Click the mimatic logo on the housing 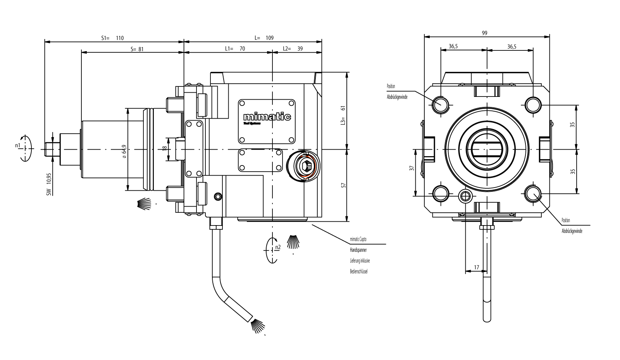pyautogui.click(x=267, y=117)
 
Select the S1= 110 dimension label pyautogui.click(x=112, y=38)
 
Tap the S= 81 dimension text pyautogui.click(x=137, y=49)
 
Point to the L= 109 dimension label pyautogui.click(x=264, y=38)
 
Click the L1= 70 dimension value pyautogui.click(x=235, y=49)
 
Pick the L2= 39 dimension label pyautogui.click(x=293, y=49)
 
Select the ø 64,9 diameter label pyautogui.click(x=124, y=149)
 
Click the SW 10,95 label pyautogui.click(x=49, y=184)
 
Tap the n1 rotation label pyautogui.click(x=17, y=145)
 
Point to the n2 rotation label pyautogui.click(x=278, y=247)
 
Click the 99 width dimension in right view pyautogui.click(x=484, y=33)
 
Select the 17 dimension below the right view pyautogui.click(x=476, y=267)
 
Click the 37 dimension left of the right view pyautogui.click(x=412, y=168)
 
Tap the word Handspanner pyautogui.click(x=358, y=250)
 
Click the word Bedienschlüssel pyautogui.click(x=358, y=271)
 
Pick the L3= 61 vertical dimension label pyautogui.click(x=343, y=115)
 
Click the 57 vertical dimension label pyautogui.click(x=343, y=185)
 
